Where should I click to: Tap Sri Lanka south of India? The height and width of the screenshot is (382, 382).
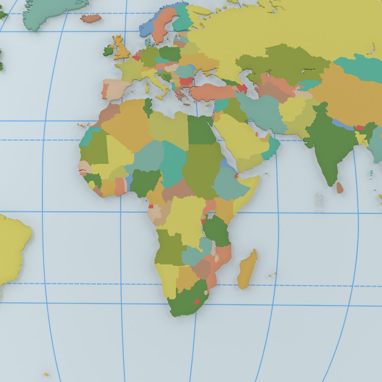pos(340,188)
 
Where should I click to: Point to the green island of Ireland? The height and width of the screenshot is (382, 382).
pos(108,51)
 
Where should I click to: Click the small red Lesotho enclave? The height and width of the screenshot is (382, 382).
pos(197,302)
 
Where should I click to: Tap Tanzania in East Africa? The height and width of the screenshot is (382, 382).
pos(216,232)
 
